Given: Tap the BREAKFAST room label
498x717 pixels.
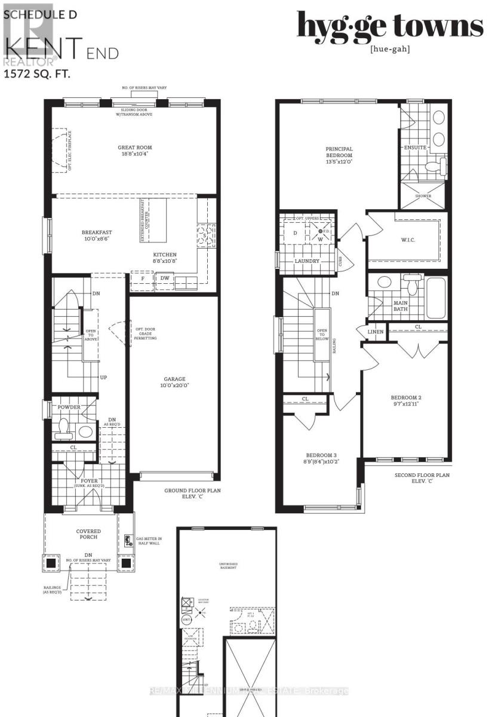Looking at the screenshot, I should click(x=97, y=233).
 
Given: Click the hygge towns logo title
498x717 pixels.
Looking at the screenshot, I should click(x=390, y=26).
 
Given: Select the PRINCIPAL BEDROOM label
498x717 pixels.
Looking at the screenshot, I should click(x=339, y=152).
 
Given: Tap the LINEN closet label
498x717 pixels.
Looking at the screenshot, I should click(x=375, y=332).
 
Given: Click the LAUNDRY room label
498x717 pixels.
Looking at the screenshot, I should click(x=307, y=261).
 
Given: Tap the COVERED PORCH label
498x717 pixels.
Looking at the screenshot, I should click(x=88, y=531).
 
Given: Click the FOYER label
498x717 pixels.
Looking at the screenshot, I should click(x=88, y=481).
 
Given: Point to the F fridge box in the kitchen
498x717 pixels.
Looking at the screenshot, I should click(x=142, y=278).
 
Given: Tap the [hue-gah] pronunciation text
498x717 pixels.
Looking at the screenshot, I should click(x=390, y=49).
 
